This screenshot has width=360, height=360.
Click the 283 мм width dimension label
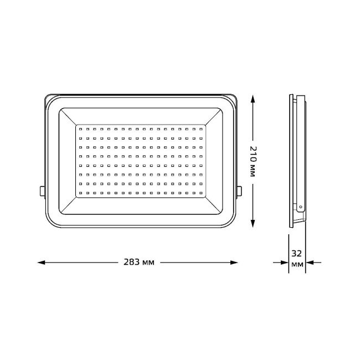[140, 262]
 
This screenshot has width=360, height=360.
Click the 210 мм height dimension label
[253, 161]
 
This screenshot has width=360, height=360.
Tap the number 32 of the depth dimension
[297, 253]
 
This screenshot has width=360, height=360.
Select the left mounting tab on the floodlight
[42, 191]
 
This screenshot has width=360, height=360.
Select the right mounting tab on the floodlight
[239, 191]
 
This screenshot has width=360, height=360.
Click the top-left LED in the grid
[80, 130]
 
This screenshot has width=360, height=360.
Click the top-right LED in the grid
[201, 130]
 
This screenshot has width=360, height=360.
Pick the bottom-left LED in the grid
[80, 192]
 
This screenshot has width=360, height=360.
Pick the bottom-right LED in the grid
[201, 192]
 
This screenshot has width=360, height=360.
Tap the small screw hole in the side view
[300, 207]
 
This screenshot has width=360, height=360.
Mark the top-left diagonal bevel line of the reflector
[66, 116]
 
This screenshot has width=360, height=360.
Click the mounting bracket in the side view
[301, 155]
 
